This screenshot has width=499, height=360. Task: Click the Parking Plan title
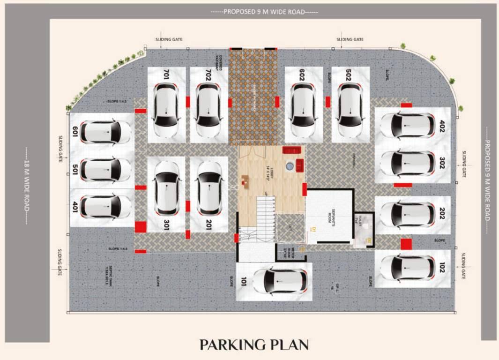coord(254,345)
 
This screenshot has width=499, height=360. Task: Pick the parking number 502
coord(349,74)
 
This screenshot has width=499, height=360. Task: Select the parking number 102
coord(442,267)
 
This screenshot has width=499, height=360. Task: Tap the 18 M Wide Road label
coord(26,186)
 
